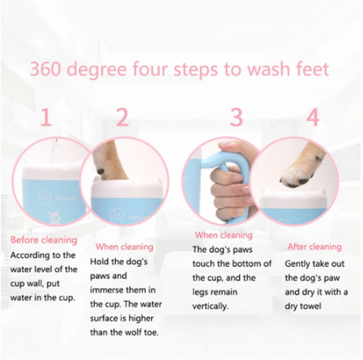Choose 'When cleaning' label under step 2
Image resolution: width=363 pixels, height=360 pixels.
(x=127, y=247)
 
